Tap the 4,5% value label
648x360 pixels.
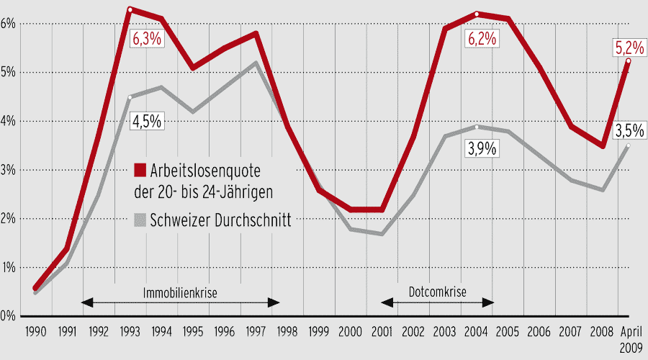pos(146,121)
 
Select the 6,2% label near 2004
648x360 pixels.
pos(482,39)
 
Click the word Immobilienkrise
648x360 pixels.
pos(180,292)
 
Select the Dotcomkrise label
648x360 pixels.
pos(438,292)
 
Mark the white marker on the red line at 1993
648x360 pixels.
pos(130,9)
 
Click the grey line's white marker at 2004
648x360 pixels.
pos(477,127)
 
